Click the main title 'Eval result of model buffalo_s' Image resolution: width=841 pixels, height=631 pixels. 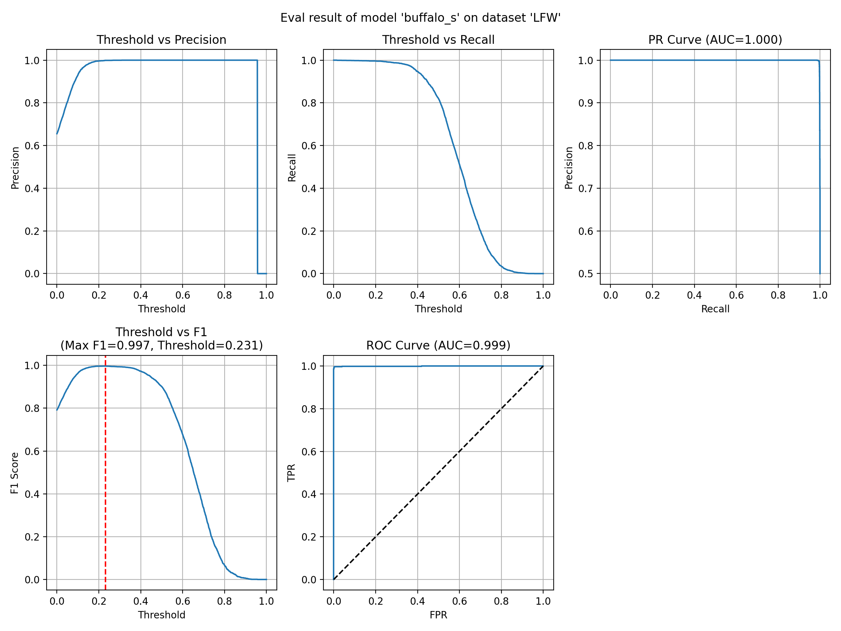pyautogui.click(x=420, y=18)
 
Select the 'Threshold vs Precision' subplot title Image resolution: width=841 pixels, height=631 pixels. pyautogui.click(x=161, y=40)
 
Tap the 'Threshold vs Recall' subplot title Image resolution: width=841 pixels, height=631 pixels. pyautogui.click(x=438, y=40)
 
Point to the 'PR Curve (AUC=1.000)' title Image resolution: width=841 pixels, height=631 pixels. pyautogui.click(x=715, y=40)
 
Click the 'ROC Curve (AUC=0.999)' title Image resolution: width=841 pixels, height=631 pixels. pyautogui.click(x=438, y=345)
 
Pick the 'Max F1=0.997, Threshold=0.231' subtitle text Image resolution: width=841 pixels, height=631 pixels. pyautogui.click(x=161, y=345)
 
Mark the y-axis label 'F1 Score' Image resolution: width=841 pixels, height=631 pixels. pyautogui.click(x=15, y=473)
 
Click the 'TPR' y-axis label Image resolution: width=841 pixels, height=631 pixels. pyautogui.click(x=292, y=473)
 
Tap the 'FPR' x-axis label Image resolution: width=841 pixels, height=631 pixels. pyautogui.click(x=438, y=615)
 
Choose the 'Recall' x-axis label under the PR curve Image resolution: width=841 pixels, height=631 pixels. pyautogui.click(x=715, y=309)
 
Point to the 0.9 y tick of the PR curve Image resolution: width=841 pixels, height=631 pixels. pyautogui.click(x=586, y=103)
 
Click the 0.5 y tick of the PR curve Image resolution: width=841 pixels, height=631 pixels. pyautogui.click(x=586, y=274)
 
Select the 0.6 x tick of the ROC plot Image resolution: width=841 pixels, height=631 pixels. pyautogui.click(x=459, y=601)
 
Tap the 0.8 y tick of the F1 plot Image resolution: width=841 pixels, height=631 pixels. pyautogui.click(x=32, y=408)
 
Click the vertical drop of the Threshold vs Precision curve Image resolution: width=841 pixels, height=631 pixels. pyautogui.click(x=258, y=167)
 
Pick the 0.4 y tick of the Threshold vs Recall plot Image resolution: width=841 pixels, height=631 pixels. pyautogui.click(x=309, y=189)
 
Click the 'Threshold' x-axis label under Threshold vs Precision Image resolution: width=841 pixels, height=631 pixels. pyautogui.click(x=161, y=309)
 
